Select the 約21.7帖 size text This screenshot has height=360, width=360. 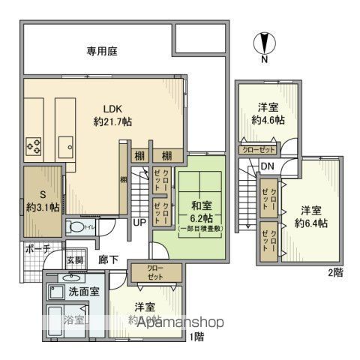[x=112, y=121]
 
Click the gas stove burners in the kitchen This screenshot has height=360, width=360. [x=34, y=143]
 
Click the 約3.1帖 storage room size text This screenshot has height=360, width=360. [x=41, y=207]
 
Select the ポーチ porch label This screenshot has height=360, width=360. [x=37, y=248]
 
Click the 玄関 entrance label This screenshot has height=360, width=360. [x=76, y=259]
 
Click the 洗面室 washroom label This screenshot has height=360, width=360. [x=85, y=291]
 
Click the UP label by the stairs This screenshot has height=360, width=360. [x=139, y=223]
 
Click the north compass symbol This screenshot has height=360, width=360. [x=264, y=43]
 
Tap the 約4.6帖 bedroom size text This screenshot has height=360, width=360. [x=268, y=119]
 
